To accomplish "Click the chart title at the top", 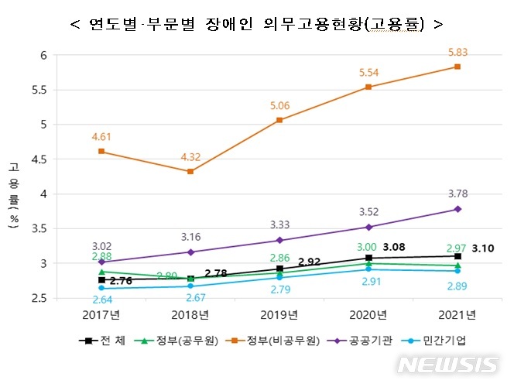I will (256, 24).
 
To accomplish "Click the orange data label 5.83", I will (457, 52).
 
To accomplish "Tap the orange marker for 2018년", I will (190, 171).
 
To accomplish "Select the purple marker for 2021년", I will (457, 209).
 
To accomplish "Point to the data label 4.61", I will (101, 137).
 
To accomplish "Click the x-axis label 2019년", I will (279, 315).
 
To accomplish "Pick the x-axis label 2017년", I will (101, 315).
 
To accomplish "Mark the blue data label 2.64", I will (101, 300).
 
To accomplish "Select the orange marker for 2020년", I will (368, 87).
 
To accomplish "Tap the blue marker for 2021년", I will (457, 271).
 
